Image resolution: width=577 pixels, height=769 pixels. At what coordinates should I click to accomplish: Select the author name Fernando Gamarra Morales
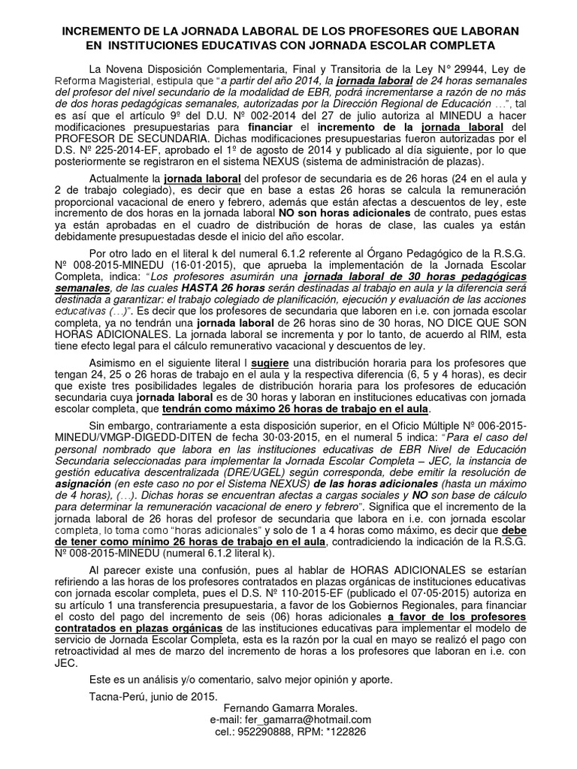click(x=290, y=708)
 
